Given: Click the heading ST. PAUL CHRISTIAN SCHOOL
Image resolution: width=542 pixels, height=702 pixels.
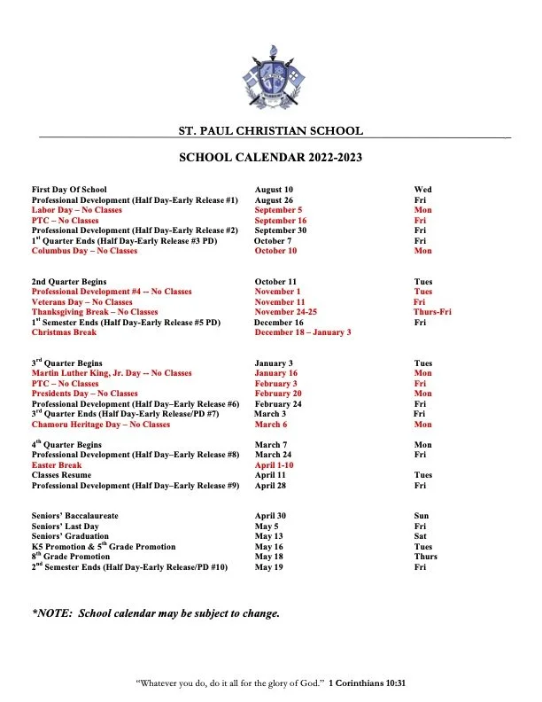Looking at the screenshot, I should point(270,131).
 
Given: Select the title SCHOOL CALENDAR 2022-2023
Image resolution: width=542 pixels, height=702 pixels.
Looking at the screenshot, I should point(270,159).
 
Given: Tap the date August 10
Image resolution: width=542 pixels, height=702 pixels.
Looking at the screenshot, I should point(274,190).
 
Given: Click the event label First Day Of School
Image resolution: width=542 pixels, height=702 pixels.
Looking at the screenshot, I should point(69,190).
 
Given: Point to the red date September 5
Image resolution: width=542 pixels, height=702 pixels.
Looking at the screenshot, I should point(278,210).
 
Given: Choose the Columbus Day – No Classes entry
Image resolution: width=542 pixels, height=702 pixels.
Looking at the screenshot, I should point(84,251).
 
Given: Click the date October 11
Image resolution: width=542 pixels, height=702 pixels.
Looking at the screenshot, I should point(275,282).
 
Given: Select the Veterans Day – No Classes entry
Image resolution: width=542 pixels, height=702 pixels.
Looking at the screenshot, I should point(81,302).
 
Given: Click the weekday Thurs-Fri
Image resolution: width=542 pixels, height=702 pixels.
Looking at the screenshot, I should point(432,312).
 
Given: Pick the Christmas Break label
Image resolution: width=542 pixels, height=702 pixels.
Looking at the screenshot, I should point(66,332).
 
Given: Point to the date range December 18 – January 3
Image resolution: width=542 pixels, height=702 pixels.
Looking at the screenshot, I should point(303,332).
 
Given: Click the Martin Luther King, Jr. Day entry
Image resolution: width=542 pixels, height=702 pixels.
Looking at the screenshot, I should point(112,373).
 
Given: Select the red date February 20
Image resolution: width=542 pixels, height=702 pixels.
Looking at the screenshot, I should point(278,394).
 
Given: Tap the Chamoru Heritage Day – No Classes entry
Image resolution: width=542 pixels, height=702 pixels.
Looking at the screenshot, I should point(100,425).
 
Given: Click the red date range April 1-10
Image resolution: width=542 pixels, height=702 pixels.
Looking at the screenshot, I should point(274,465).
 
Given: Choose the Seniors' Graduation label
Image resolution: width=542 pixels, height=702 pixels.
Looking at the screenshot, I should point(70,536).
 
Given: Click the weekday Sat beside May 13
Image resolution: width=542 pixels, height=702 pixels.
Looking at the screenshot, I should point(421,536).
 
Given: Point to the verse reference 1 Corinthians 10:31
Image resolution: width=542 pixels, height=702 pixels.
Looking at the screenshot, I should point(367,683).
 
